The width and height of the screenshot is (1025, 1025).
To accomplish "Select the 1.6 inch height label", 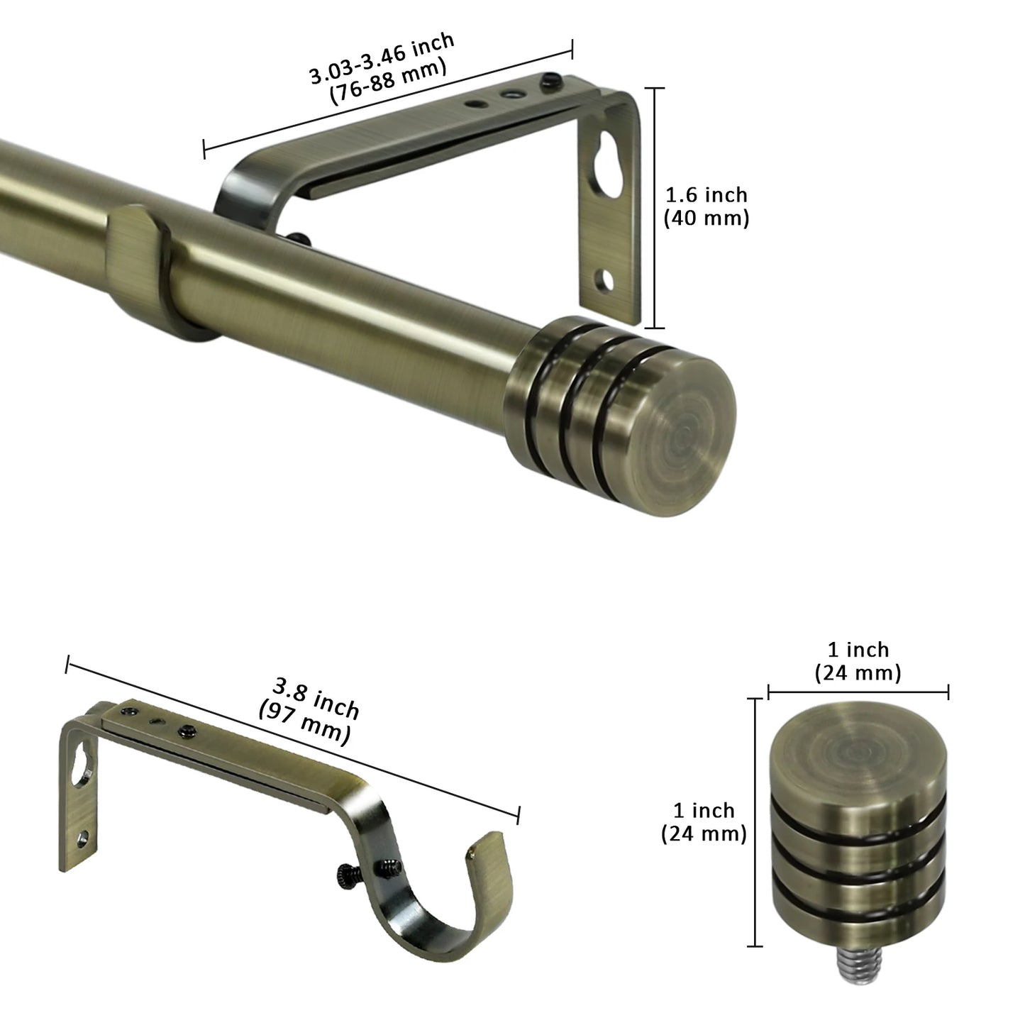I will coord(706,194).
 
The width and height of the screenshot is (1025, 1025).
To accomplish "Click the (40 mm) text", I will coord(706,218).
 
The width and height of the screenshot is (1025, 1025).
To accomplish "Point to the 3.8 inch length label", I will coord(316,698).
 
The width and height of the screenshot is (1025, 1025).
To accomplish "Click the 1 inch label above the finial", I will coord(858,650).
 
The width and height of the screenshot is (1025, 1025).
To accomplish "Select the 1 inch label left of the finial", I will coord(704,810).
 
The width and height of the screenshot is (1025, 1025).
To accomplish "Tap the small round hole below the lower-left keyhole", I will coord(85,838).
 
